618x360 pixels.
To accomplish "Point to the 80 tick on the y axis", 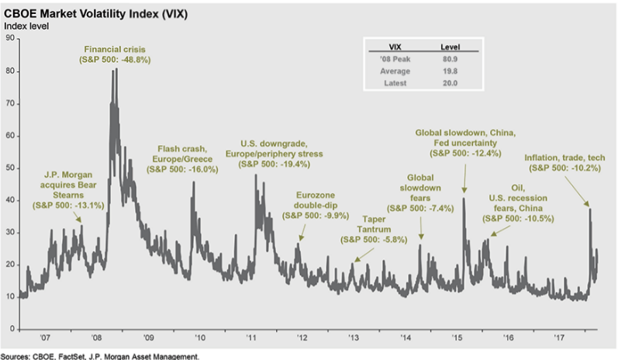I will [x=9, y=71].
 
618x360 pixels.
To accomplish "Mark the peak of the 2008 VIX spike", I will [x=116, y=69].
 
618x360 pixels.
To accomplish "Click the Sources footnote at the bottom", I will [x=99, y=355].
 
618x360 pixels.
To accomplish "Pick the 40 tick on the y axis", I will [x=9, y=200].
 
